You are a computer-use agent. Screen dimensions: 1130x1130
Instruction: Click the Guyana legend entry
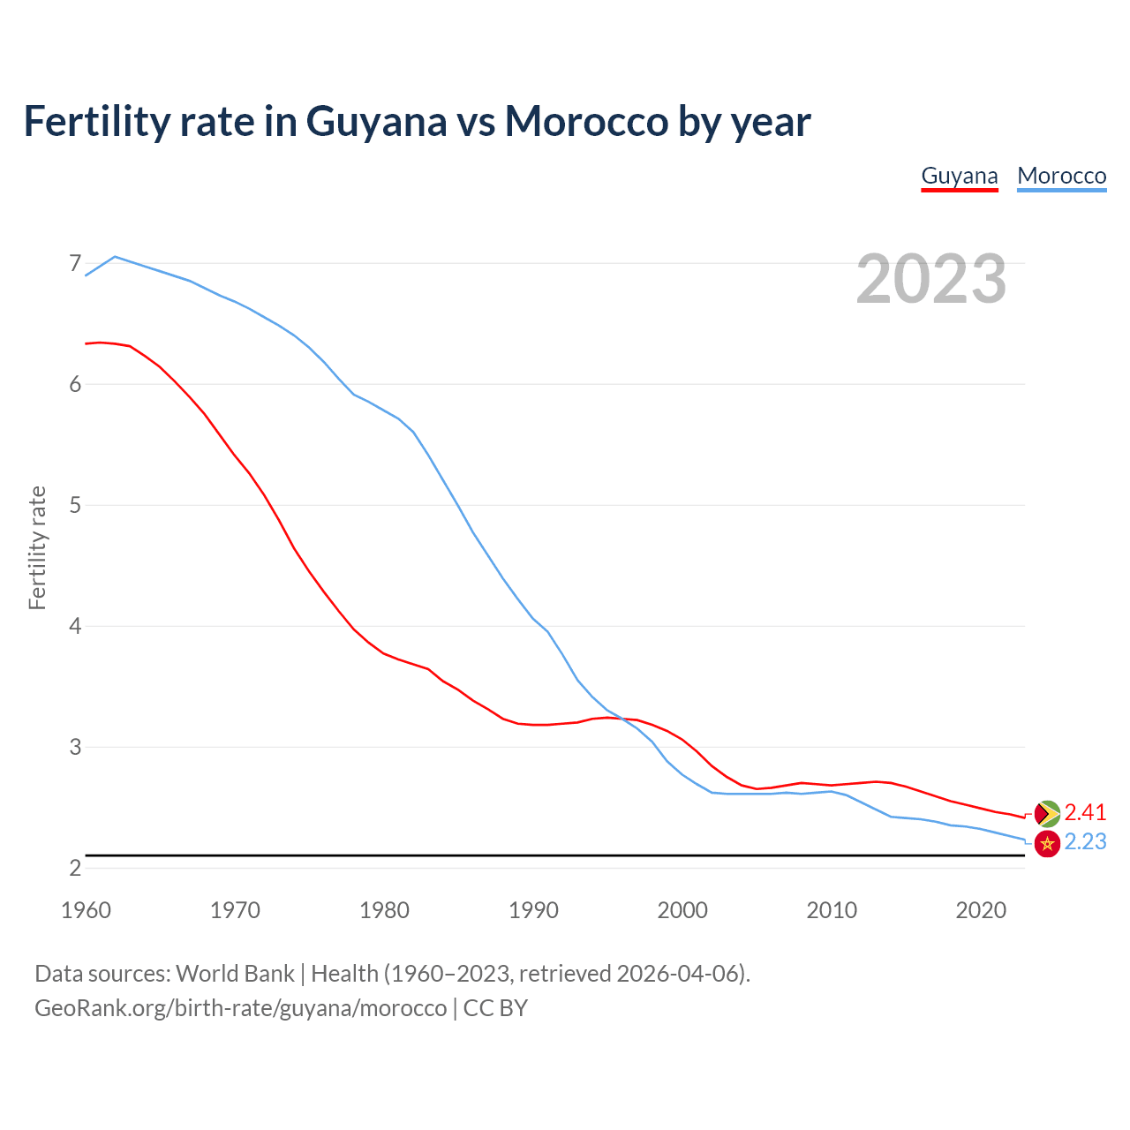coord(960,176)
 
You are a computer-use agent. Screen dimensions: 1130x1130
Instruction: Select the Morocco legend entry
coord(1061,176)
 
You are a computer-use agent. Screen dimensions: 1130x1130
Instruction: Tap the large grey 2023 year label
coord(931,279)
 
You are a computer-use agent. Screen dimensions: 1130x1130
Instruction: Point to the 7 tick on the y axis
coord(75,263)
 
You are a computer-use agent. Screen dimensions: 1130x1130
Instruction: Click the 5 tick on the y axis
coord(75,505)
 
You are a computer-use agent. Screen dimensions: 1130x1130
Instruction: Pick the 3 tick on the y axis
coord(75,747)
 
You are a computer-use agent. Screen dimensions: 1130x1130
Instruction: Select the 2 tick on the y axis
coord(75,868)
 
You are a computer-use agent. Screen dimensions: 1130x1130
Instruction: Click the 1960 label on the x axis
coord(86,910)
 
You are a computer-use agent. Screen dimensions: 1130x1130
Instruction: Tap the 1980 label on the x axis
coord(384,910)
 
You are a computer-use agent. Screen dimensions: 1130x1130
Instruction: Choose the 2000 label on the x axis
coord(682,910)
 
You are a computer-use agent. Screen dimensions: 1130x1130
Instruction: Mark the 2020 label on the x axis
coord(981,910)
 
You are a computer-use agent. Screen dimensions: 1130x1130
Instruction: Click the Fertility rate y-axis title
coord(37,547)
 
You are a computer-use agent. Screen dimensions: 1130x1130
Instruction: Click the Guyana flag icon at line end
coord(1047,813)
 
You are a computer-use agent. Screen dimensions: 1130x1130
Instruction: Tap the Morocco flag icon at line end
coord(1047,843)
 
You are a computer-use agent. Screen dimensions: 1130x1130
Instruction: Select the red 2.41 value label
coord(1085,812)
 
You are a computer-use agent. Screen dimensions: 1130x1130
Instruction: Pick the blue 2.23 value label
coord(1085,842)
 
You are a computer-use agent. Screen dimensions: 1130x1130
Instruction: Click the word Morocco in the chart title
coord(586,121)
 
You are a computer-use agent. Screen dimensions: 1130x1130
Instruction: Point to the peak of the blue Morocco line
coord(115,256)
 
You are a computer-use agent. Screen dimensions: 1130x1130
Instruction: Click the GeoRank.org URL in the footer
coord(240,1008)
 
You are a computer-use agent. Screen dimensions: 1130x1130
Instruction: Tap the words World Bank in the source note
coord(235,974)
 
